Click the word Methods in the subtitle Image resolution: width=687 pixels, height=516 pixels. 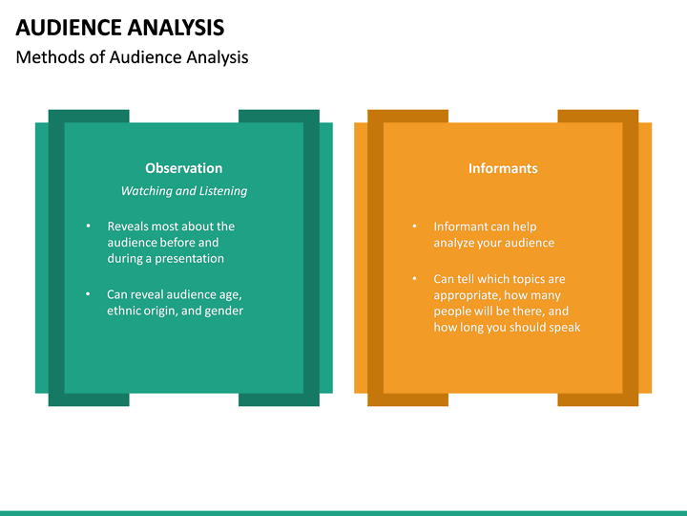[x=46, y=57]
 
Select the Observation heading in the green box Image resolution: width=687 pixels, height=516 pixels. [x=183, y=168]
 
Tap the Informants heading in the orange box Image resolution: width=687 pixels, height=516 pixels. [x=503, y=168]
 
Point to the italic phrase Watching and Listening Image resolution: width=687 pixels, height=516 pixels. [x=183, y=191]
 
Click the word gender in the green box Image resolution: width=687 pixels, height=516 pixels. [x=224, y=312]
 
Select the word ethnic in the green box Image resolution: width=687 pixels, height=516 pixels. [x=124, y=312]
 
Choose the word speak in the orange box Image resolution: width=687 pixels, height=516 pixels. [x=564, y=328]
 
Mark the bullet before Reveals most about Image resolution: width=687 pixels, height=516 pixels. [x=88, y=226]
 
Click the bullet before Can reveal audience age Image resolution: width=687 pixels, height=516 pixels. [x=88, y=294]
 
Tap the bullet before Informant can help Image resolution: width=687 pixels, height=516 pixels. [x=414, y=226]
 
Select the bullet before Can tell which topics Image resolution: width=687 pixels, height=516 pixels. [x=414, y=279]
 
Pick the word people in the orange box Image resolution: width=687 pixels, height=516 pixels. [x=451, y=312]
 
